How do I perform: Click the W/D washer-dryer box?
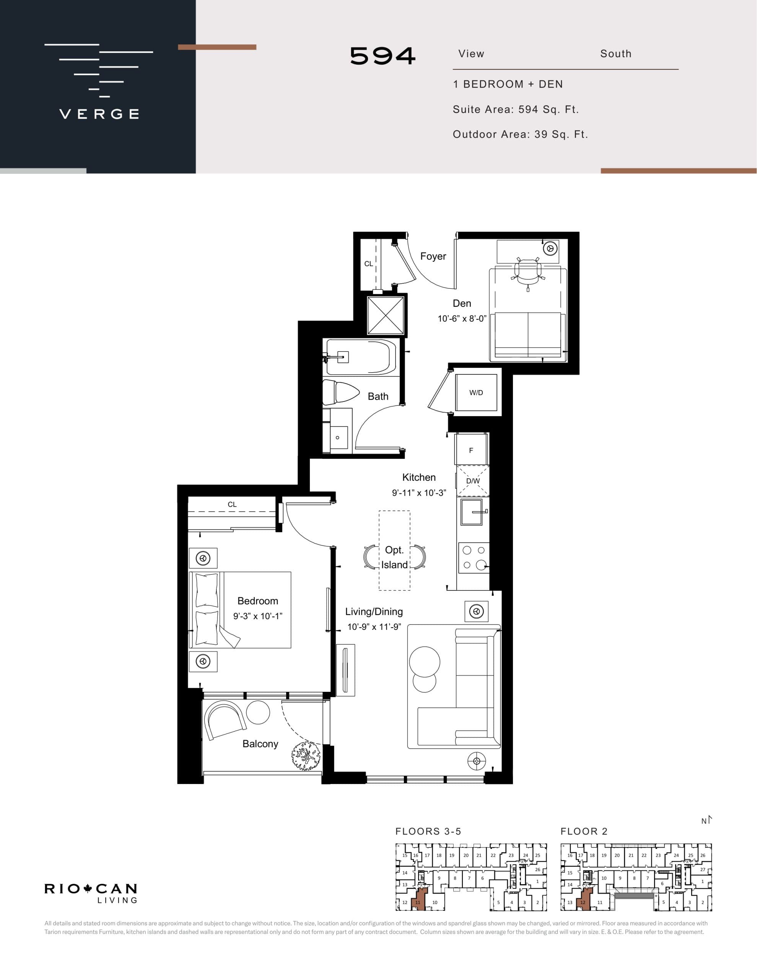click(x=476, y=393)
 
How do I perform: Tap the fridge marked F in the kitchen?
click(x=471, y=450)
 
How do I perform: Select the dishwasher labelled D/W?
click(x=473, y=481)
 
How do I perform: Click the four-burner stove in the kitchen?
click(x=474, y=558)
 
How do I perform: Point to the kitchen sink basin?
click(x=471, y=512)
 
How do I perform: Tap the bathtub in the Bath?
click(x=361, y=357)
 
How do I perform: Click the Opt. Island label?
click(x=394, y=557)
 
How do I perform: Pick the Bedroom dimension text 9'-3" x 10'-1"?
click(x=257, y=616)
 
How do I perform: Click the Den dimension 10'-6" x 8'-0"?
click(x=462, y=319)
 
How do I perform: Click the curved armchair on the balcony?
click(x=225, y=719)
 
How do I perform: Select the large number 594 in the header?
click(x=383, y=56)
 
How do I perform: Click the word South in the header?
click(x=615, y=54)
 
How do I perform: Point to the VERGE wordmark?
click(x=99, y=114)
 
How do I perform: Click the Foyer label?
click(x=433, y=256)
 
